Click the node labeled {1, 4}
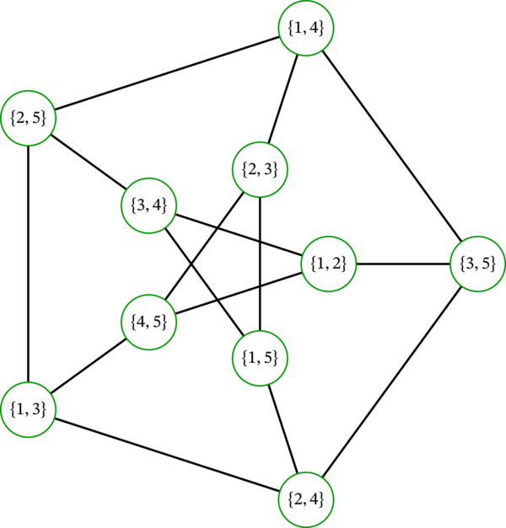click(x=306, y=28)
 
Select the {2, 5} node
click(x=29, y=117)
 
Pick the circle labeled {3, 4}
click(x=148, y=204)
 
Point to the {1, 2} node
click(x=329, y=264)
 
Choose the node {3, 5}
click(x=478, y=264)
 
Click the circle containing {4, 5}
click(x=148, y=321)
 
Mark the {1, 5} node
click(x=260, y=358)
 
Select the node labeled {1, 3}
click(x=29, y=409)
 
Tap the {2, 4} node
click(x=306, y=499)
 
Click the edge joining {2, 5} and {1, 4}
click(x=167, y=72)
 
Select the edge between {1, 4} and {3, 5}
click(x=392, y=146)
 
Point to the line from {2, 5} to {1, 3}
click(x=29, y=263)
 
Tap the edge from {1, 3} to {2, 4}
click(x=167, y=455)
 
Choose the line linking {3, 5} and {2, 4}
click(x=392, y=381)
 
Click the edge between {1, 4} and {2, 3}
click(x=283, y=99)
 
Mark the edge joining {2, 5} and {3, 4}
click(x=89, y=160)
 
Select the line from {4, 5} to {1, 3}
click(x=89, y=365)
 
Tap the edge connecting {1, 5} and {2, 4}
click(x=283, y=429)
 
